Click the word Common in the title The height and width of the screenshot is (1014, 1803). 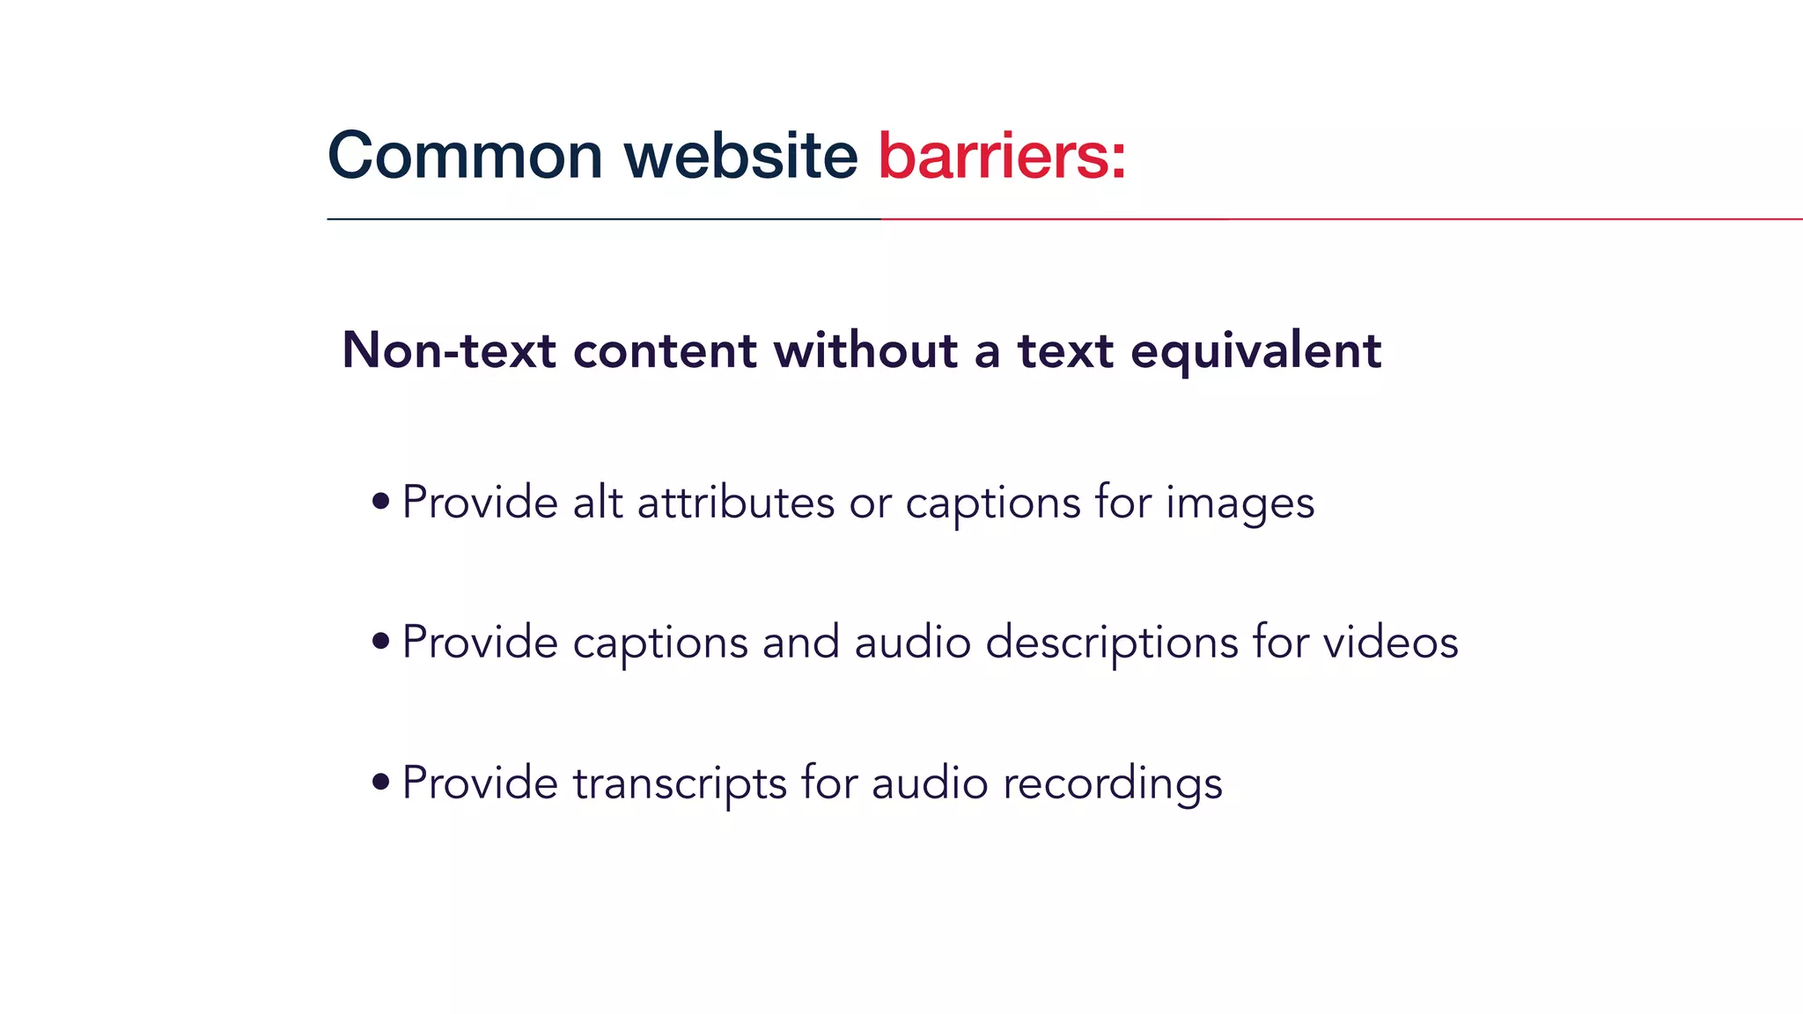(465, 156)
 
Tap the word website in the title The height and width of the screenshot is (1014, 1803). (740, 156)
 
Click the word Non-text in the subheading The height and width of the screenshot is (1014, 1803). (449, 350)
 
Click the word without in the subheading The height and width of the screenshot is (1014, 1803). (865, 350)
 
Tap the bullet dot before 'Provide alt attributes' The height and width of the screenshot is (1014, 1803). (380, 502)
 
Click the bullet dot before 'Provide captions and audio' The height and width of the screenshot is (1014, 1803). (380, 641)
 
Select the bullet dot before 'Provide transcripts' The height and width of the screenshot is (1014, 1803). (380, 781)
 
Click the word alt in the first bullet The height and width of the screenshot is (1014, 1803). (598, 503)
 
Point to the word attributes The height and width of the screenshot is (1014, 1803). (735, 503)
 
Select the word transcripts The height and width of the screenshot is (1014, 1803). (680, 783)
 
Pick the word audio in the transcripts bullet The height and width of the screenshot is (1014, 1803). (930, 783)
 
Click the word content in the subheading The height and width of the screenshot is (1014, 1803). (665, 350)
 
